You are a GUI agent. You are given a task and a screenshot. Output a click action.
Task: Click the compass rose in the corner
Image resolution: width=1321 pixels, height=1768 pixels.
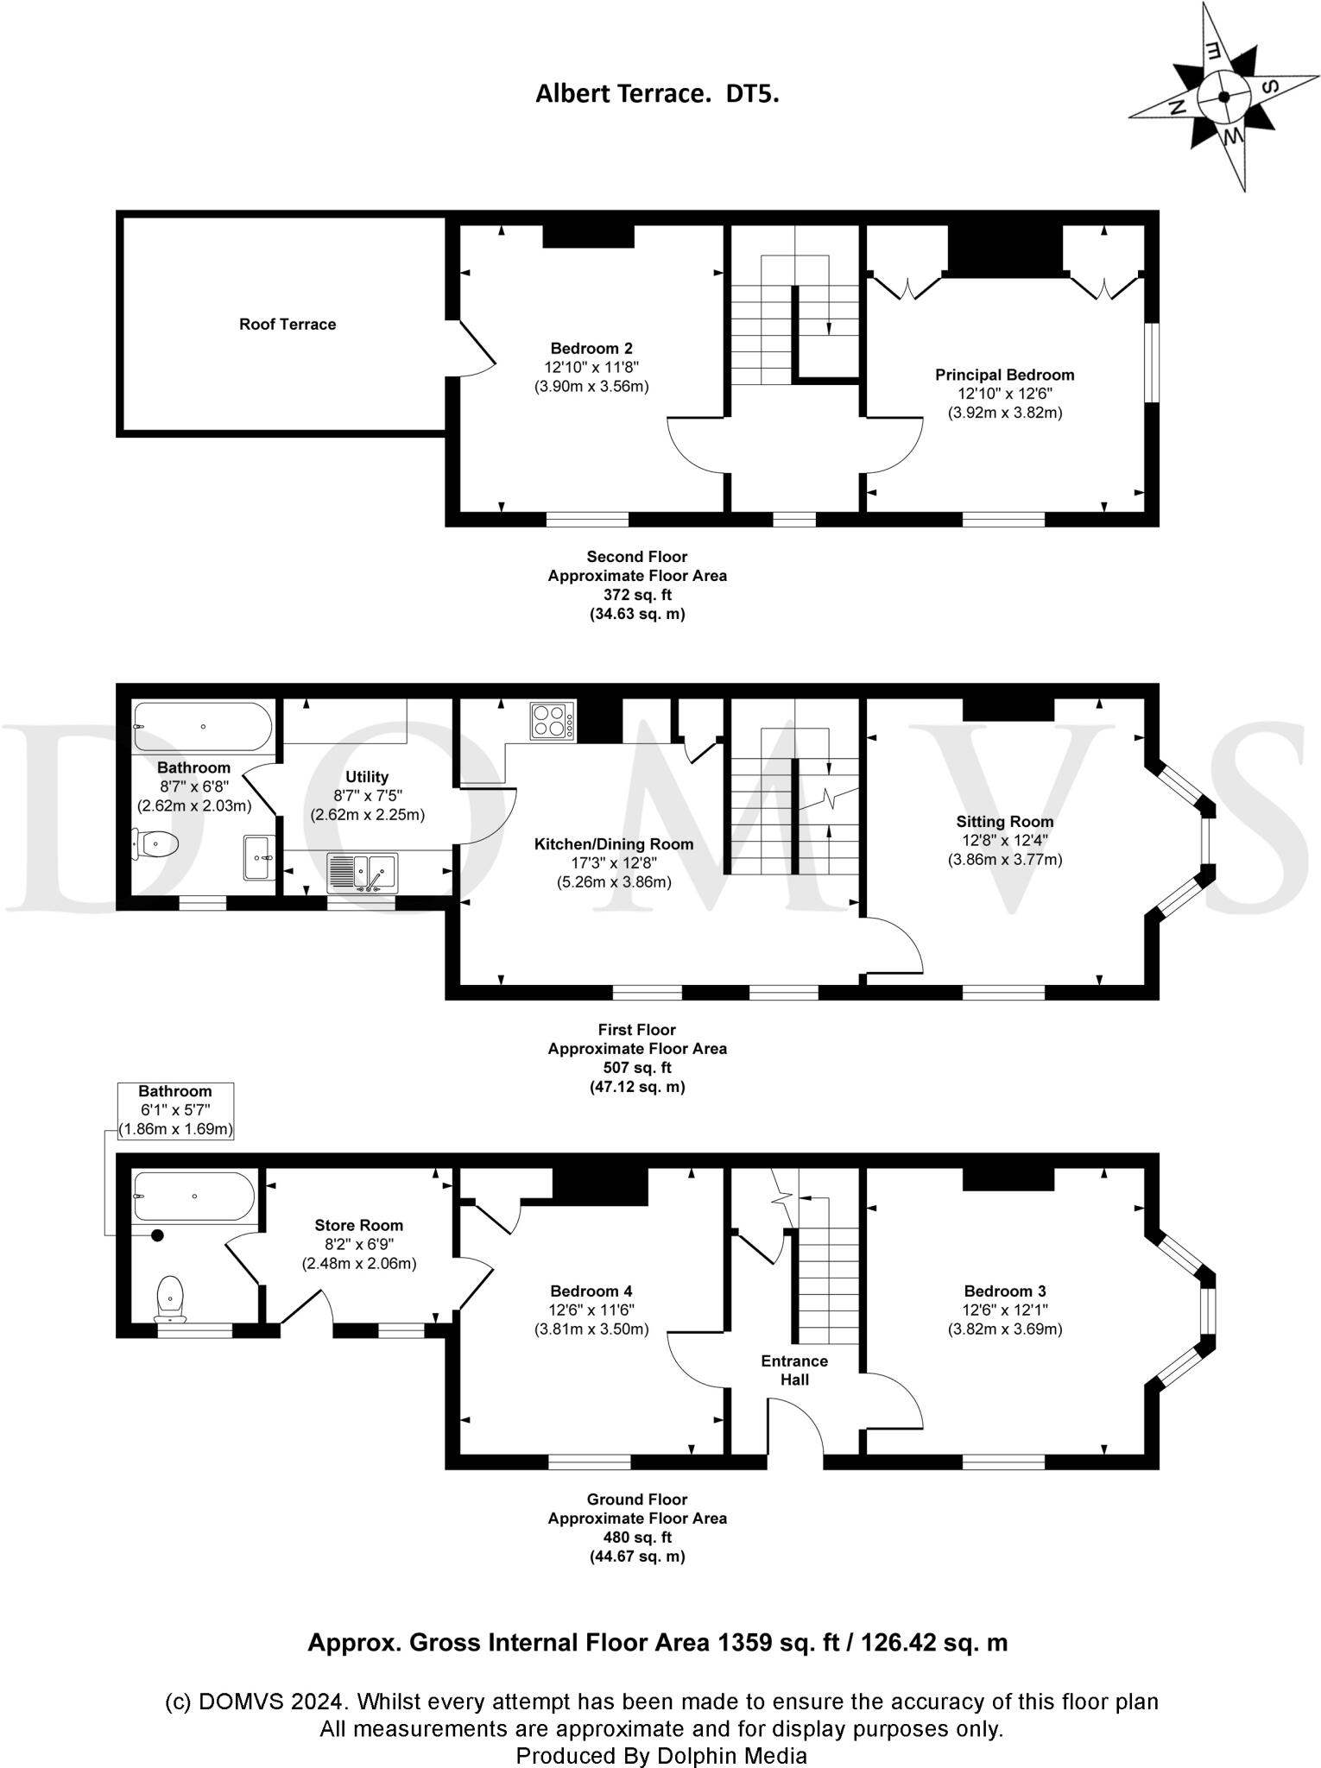[x=1223, y=97]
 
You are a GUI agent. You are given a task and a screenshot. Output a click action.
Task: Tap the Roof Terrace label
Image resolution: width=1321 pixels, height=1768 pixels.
[x=288, y=325]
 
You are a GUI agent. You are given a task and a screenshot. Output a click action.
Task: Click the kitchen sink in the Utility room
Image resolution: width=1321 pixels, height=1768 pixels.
[x=363, y=873]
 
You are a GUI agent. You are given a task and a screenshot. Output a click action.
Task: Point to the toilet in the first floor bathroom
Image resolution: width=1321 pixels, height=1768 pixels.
[x=155, y=843]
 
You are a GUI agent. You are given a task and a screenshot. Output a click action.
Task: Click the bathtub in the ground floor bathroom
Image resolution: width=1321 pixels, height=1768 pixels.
[x=194, y=1196]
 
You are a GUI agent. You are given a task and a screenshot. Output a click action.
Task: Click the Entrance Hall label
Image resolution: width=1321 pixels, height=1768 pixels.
[x=794, y=1370]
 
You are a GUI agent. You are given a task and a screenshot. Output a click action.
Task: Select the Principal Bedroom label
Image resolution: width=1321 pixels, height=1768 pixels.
[x=1005, y=375]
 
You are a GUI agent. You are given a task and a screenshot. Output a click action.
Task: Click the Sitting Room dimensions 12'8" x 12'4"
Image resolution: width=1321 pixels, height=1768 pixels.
[x=1005, y=840]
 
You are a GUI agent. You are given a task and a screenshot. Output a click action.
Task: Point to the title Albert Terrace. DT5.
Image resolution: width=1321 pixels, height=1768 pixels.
[x=658, y=93]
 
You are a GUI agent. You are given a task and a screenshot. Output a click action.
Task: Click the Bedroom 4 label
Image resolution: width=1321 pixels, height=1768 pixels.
[x=591, y=1291]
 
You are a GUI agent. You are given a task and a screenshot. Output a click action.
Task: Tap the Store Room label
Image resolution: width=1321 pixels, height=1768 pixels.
[x=359, y=1225]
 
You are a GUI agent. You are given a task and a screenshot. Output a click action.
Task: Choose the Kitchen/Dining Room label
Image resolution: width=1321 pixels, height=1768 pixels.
[x=614, y=843]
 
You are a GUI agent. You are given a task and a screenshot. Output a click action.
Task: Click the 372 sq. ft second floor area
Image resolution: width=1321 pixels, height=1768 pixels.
[x=637, y=595]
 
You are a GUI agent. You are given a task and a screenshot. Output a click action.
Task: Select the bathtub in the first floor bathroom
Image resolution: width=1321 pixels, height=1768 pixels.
[x=204, y=727]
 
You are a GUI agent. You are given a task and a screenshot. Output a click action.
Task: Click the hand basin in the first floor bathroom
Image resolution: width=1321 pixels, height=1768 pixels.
[x=259, y=857]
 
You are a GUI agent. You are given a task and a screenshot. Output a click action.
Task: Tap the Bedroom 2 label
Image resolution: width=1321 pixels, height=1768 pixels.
[x=591, y=348]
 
